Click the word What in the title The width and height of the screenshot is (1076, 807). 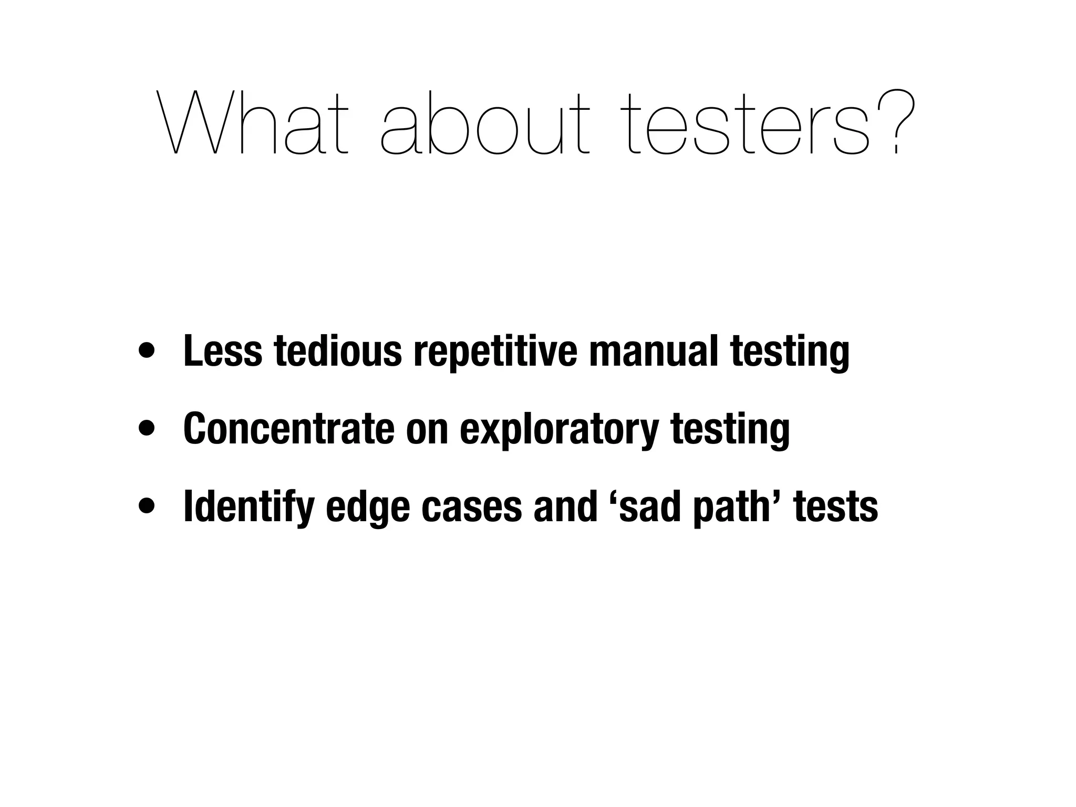point(253,124)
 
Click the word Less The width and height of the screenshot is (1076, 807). point(222,351)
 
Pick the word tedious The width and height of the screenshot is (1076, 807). point(338,351)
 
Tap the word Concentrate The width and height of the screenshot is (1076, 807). point(288,428)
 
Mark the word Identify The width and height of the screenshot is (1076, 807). point(249,507)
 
